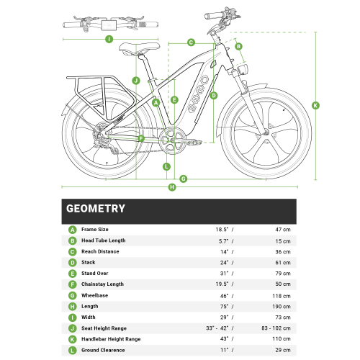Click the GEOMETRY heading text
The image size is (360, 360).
click(96, 209)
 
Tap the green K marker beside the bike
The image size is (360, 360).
click(315, 105)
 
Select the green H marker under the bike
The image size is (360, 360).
click(171, 187)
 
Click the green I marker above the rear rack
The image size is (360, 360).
click(108, 39)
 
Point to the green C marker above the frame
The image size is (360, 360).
click(192, 42)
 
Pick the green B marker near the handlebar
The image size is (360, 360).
click(238, 47)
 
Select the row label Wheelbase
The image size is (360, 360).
click(95, 296)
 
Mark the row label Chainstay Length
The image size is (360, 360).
click(102, 285)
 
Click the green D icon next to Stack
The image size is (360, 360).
click(72, 263)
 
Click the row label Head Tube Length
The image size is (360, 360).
click(103, 240)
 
